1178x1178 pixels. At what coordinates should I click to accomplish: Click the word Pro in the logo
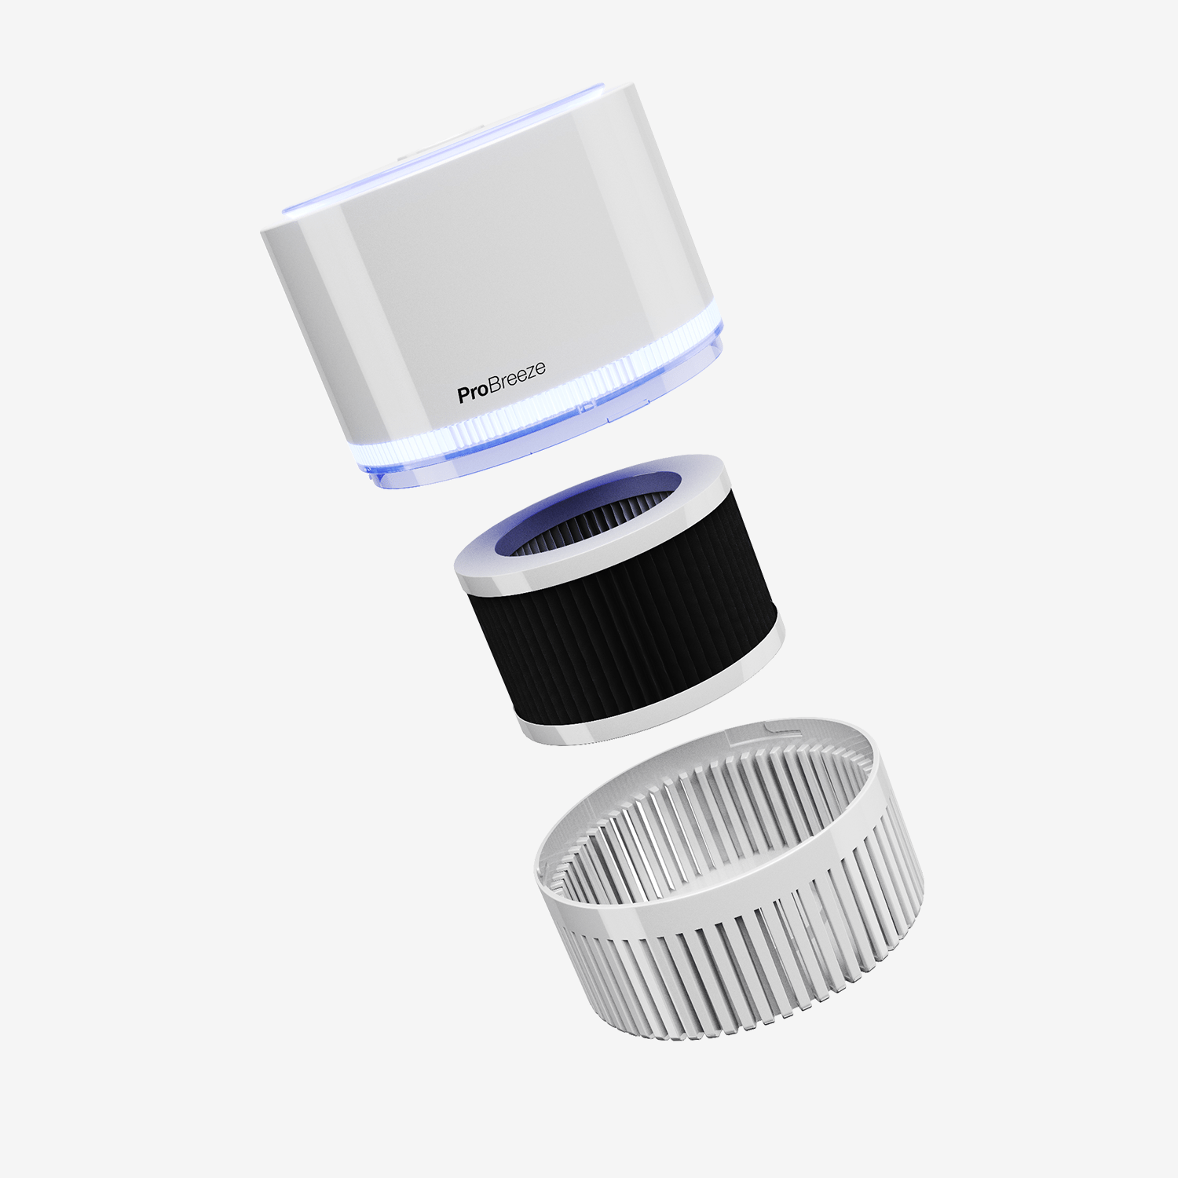[x=472, y=392]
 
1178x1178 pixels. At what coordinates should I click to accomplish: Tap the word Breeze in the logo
[x=517, y=378]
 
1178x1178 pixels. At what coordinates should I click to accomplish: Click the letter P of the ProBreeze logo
[x=463, y=395]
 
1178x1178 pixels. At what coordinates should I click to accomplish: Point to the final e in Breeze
[x=540, y=368]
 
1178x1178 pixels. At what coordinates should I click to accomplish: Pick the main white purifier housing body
[x=510, y=275]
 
